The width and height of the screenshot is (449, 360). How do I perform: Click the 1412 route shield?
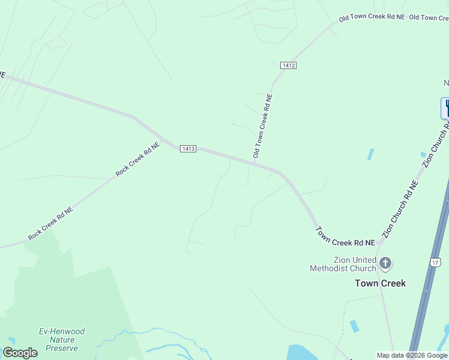click(288, 65)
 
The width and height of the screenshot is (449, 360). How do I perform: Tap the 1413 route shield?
click(188, 149)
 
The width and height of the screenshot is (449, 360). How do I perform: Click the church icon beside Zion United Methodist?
click(385, 263)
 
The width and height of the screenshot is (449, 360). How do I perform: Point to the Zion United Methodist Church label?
click(343, 264)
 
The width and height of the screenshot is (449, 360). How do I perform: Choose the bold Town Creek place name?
click(380, 283)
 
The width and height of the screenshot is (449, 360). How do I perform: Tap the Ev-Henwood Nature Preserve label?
click(61, 340)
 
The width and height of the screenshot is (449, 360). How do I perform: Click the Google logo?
click(20, 353)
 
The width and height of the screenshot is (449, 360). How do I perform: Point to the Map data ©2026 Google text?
click(412, 355)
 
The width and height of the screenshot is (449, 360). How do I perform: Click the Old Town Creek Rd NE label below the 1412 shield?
click(263, 126)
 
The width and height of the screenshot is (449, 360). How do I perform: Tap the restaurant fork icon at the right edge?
click(446, 108)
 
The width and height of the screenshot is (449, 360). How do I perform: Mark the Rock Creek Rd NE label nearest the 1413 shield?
click(138, 159)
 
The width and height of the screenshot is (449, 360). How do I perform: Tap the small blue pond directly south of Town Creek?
click(355, 326)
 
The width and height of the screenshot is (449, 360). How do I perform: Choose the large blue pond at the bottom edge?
click(302, 352)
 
